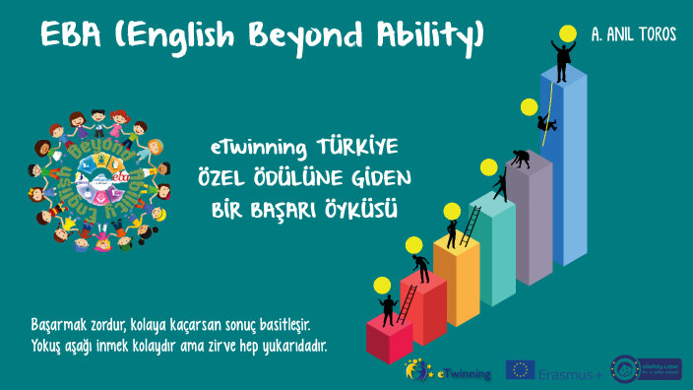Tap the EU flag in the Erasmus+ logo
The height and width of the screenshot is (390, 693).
pyautogui.click(x=520, y=370)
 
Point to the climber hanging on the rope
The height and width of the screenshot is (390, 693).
pyautogui.click(x=544, y=122)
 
